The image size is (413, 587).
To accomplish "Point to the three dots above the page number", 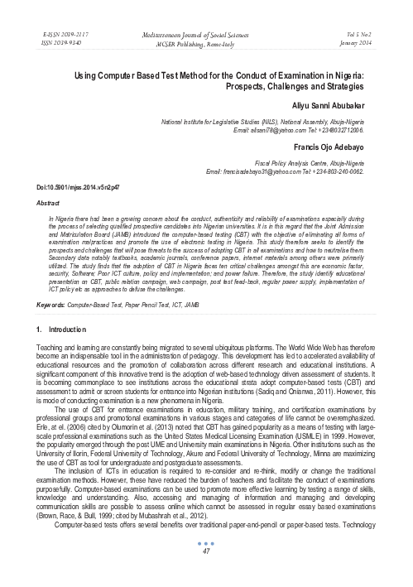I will [x=207, y=566].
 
